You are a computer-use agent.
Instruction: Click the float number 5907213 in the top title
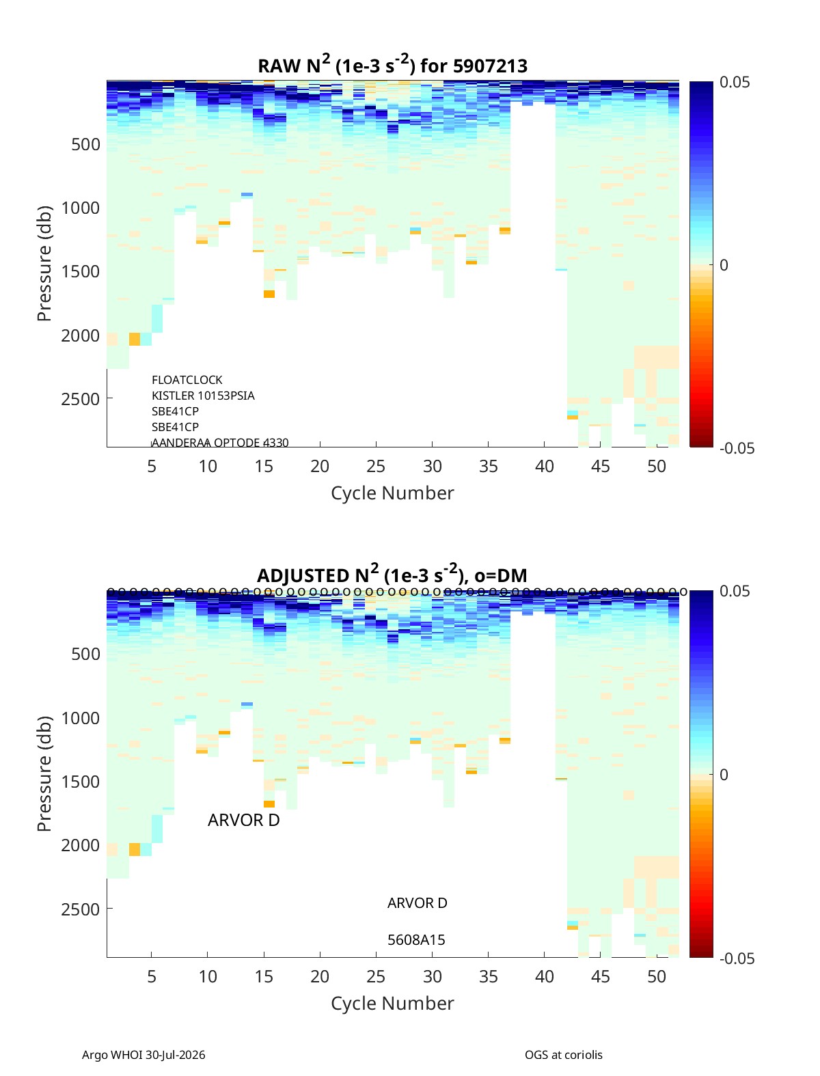tap(489, 66)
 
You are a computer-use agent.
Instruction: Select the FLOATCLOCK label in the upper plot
tap(187, 379)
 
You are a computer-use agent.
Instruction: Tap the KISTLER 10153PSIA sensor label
tap(203, 395)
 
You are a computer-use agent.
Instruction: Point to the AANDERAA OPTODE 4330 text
tap(220, 442)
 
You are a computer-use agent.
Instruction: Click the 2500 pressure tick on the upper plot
tap(81, 398)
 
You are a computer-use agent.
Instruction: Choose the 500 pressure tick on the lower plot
tap(86, 653)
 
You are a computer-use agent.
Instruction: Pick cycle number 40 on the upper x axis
tap(544, 466)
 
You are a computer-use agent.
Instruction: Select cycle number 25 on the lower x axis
tap(376, 976)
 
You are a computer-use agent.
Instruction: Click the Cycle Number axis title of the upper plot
tap(392, 493)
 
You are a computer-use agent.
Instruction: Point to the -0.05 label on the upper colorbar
tap(737, 447)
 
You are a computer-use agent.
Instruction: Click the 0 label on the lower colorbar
tap(724, 775)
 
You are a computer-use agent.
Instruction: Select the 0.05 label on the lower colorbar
tap(735, 591)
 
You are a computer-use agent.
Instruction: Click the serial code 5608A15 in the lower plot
tap(416, 939)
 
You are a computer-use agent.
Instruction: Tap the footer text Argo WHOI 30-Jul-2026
tap(143, 1054)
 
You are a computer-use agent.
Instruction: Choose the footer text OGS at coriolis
tap(563, 1054)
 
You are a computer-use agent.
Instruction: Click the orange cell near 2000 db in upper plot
tap(135, 339)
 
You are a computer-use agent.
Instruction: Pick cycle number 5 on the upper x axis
tap(152, 466)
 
